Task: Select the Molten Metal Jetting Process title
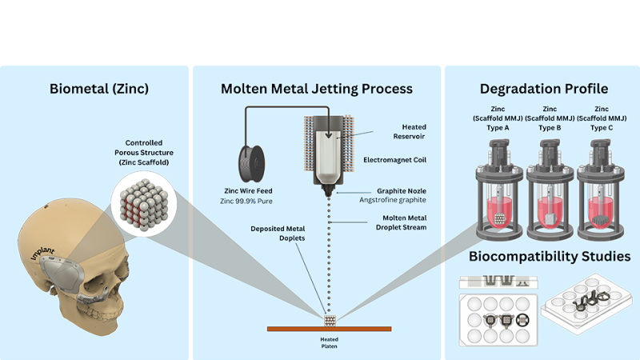tap(316, 88)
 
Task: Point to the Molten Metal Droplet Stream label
tap(397, 223)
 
